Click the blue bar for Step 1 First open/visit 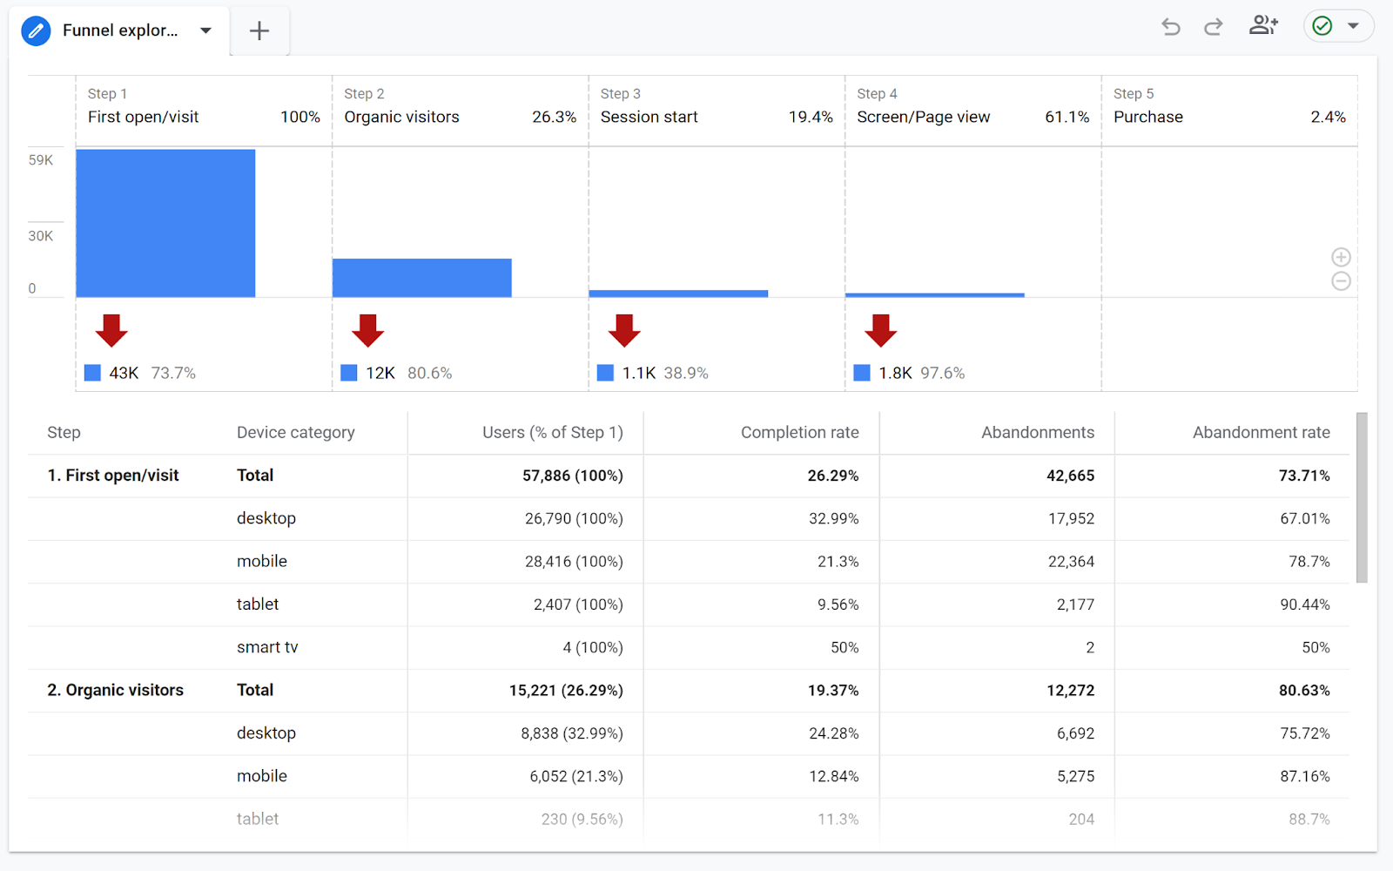coord(165,223)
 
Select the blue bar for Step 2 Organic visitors coord(421,278)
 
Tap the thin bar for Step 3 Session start coord(678,294)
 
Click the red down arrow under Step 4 coord(880,331)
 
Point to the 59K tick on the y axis coord(41,160)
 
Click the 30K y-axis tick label coord(41,236)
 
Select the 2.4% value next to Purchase coord(1328,117)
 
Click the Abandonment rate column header coord(1261,433)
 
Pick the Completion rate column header coord(799,433)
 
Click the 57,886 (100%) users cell coord(572,476)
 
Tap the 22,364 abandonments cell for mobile coord(1071,562)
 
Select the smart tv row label coord(267,647)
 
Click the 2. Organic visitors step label coord(116,691)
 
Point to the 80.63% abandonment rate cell coord(1303,691)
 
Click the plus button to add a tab coord(259,31)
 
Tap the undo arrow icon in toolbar coord(1171,27)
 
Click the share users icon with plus coord(1263,26)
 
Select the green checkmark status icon coord(1322,26)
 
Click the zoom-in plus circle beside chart coord(1341,257)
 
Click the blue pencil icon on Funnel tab coord(36,31)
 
